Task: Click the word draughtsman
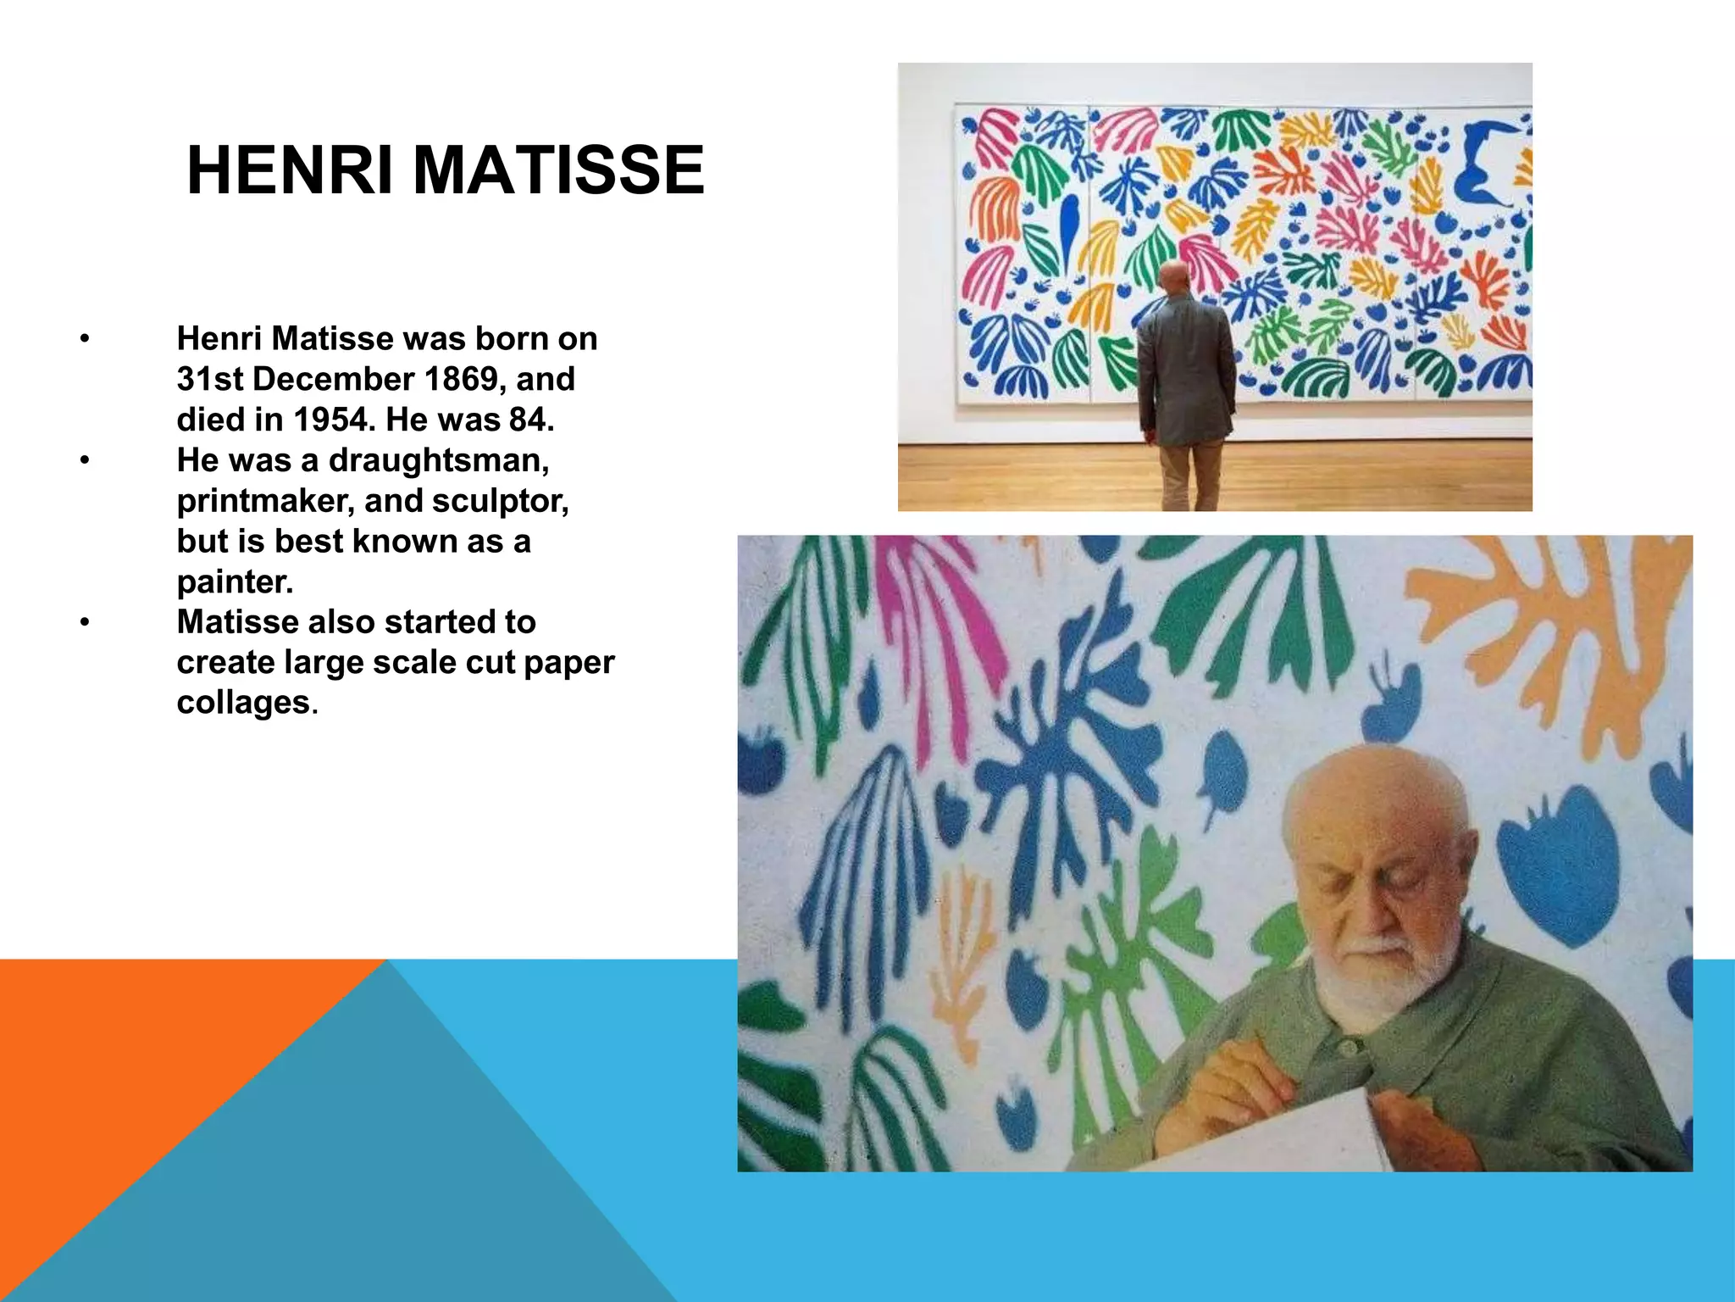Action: pos(439,460)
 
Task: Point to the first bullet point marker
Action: pos(84,340)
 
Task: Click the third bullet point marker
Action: pos(84,623)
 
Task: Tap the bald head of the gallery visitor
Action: pos(1174,277)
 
